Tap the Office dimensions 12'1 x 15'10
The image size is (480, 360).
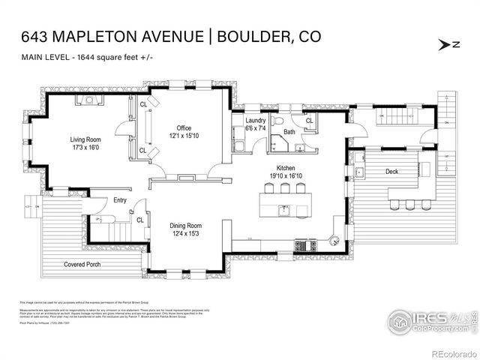point(184,136)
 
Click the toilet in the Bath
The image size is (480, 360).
point(277,121)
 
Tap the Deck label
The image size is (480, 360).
point(391,172)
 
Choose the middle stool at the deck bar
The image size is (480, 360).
point(409,204)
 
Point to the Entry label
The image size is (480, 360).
point(120,200)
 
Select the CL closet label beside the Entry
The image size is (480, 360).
point(140,220)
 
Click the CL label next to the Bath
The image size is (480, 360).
point(308,120)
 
